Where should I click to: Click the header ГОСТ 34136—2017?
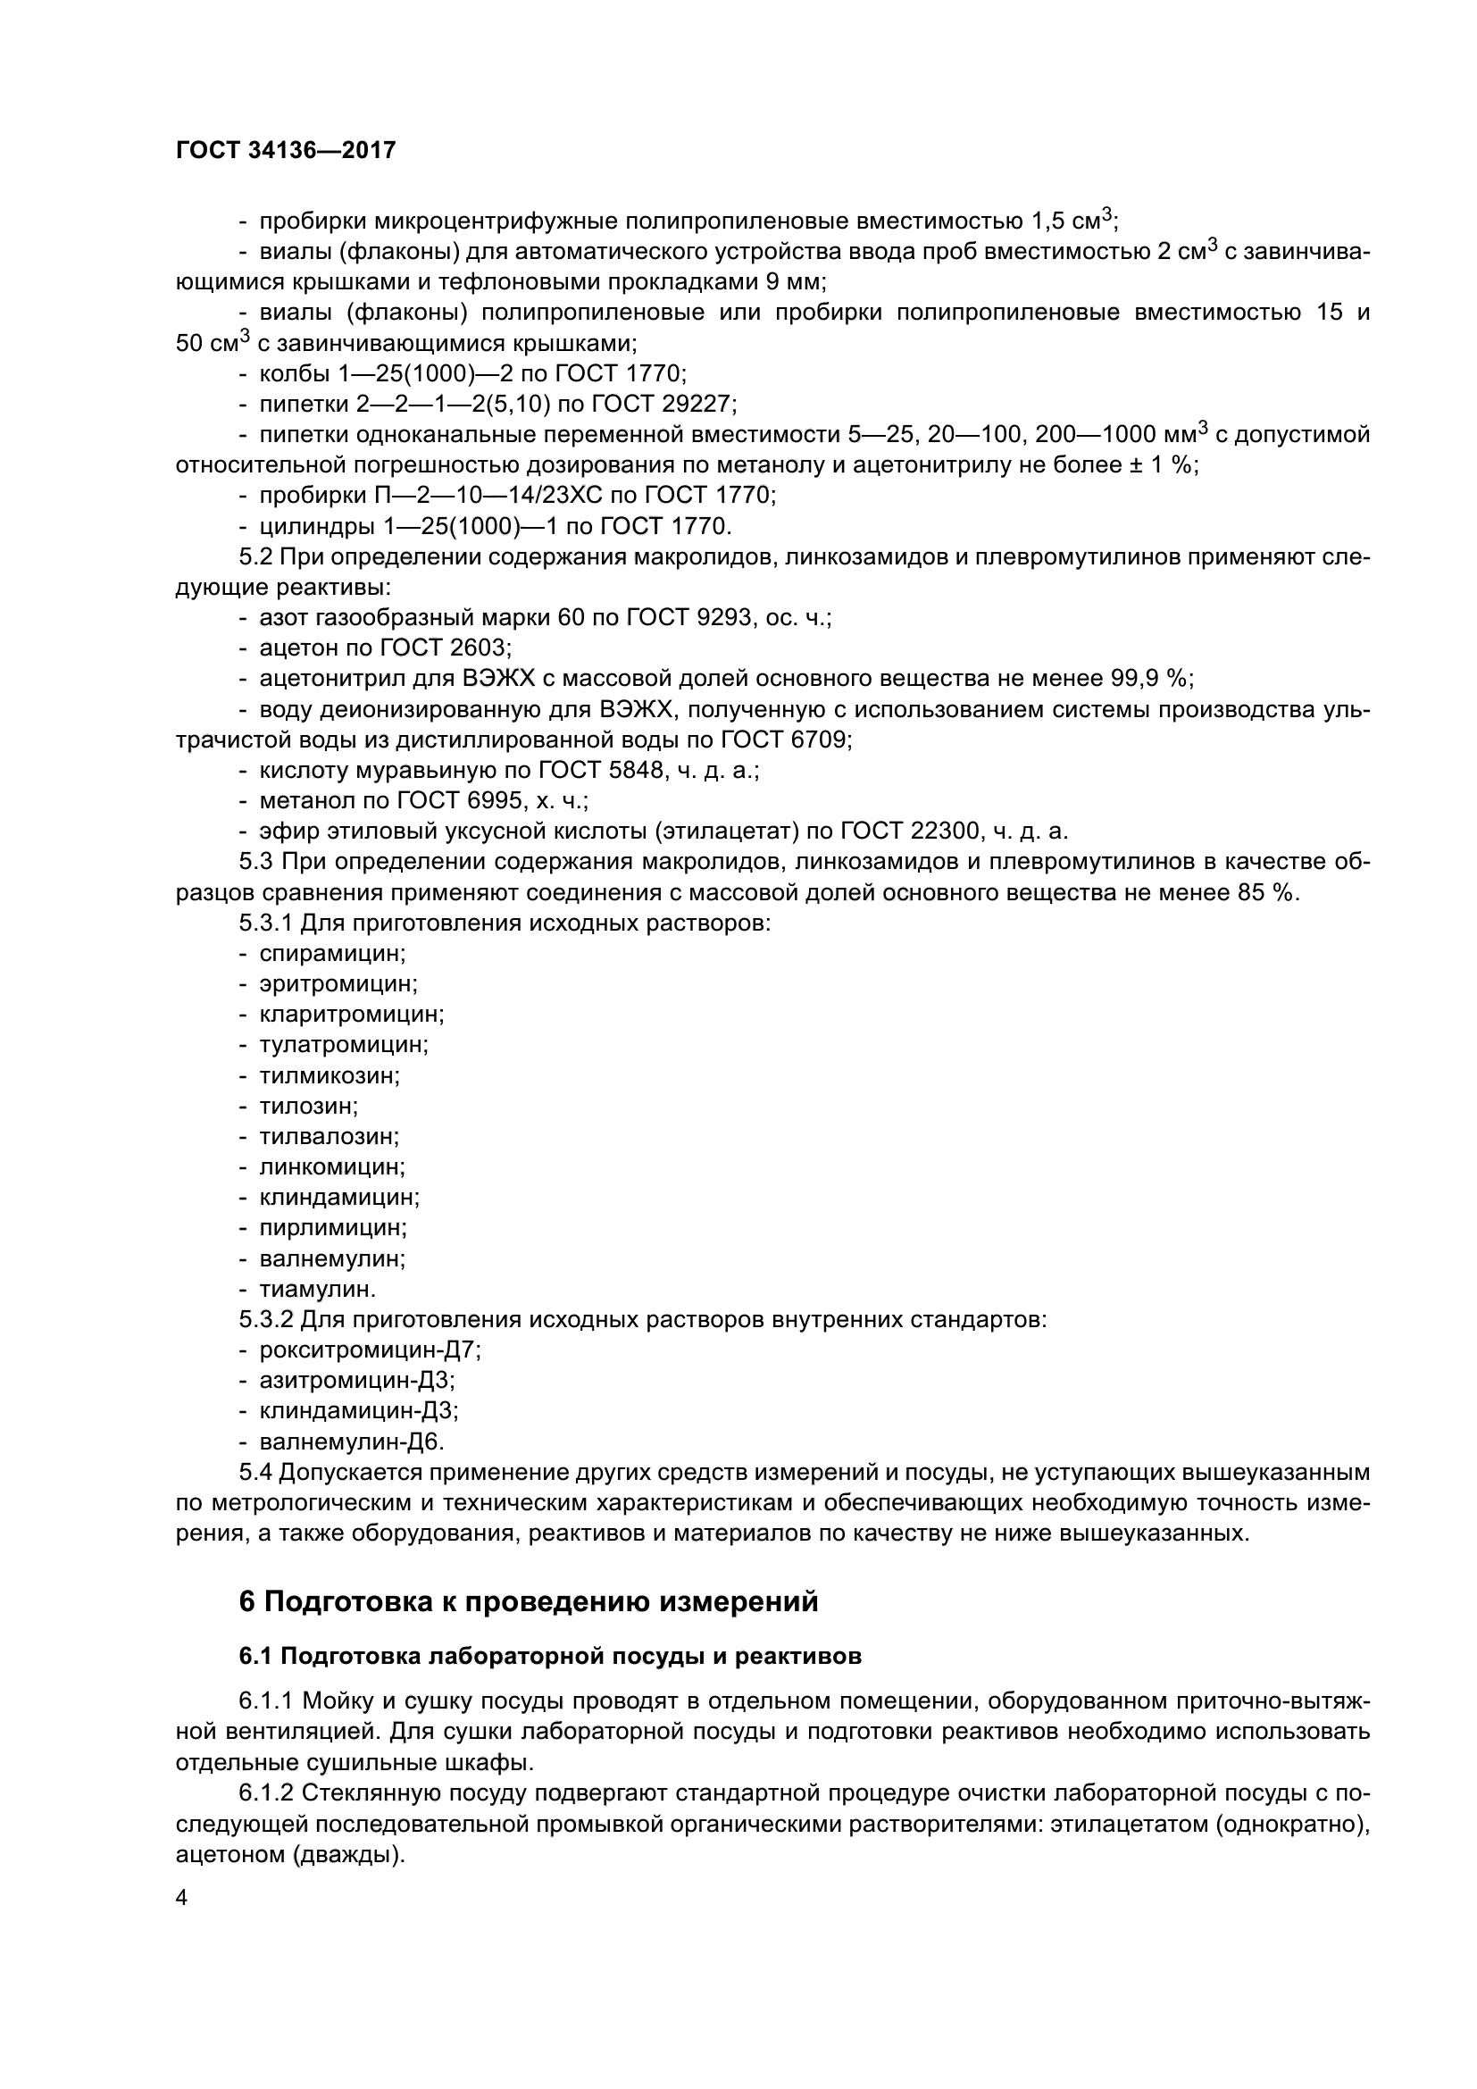(x=286, y=150)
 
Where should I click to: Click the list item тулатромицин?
(x=343, y=1045)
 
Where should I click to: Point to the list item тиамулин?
(x=317, y=1290)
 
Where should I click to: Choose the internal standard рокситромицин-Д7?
(x=370, y=1350)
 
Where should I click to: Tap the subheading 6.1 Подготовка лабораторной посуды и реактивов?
(x=549, y=1656)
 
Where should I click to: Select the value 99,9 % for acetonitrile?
(x=1151, y=679)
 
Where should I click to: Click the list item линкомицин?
(x=332, y=1166)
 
